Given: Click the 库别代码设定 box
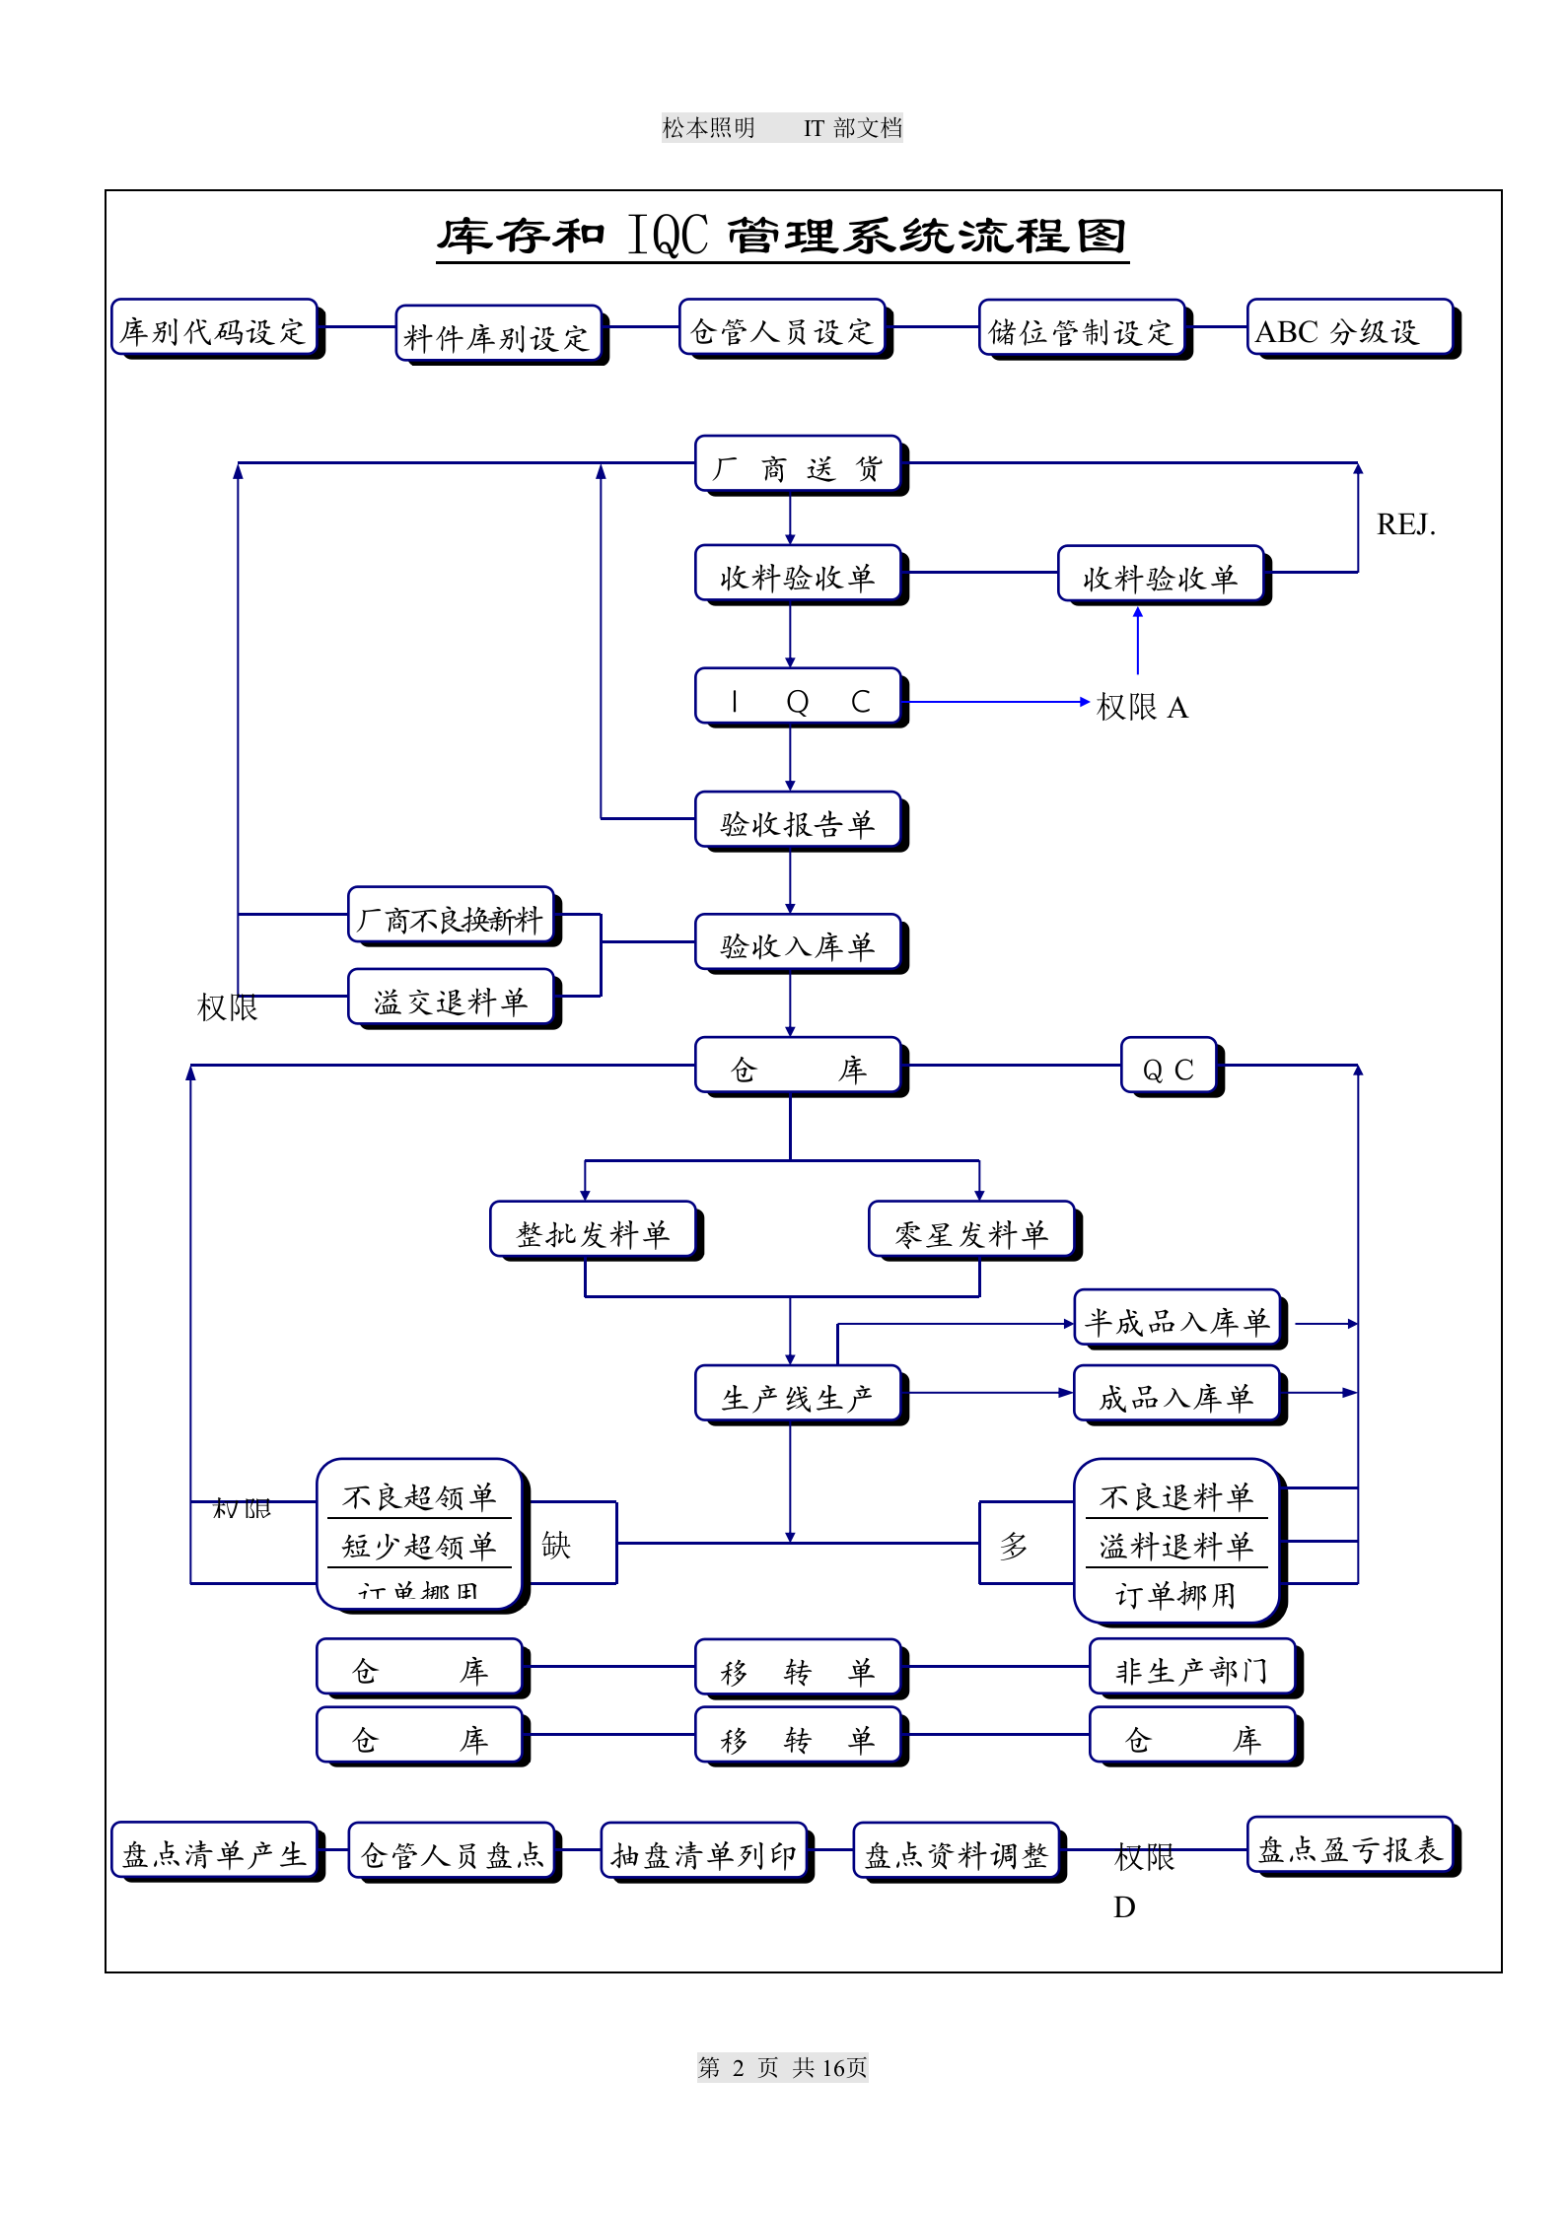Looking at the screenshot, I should (x=214, y=328).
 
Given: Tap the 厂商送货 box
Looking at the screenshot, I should (x=798, y=465).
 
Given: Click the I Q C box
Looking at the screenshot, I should (x=798, y=698).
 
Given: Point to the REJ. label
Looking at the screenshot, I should (x=1405, y=524).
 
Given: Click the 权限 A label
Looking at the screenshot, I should (x=1142, y=707).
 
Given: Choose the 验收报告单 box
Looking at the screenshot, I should (x=798, y=821).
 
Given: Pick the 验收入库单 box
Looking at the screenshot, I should (x=798, y=944).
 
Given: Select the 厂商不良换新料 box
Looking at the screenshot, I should (x=451, y=917).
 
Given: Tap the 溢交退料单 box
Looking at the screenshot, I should (x=451, y=1000).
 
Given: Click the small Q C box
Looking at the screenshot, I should (x=1169, y=1068).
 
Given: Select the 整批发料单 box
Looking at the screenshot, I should (x=593, y=1231).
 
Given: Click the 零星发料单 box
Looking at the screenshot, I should (x=971, y=1231).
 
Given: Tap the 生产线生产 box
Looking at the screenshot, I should (x=798, y=1395).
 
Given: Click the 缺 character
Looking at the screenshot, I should (x=556, y=1545).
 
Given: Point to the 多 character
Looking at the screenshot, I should (x=1014, y=1545).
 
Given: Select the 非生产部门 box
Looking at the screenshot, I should (x=1192, y=1669).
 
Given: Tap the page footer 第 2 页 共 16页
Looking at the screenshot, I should (x=782, y=2067).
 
